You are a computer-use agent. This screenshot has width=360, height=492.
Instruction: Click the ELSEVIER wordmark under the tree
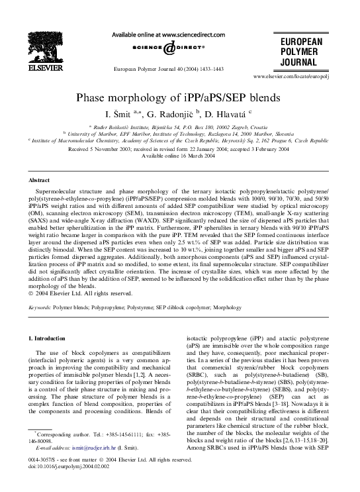(x=46, y=67)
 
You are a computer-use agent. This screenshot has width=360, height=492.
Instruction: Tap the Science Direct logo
(x=179, y=48)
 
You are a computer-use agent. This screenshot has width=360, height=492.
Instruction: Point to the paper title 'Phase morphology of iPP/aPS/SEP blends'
(x=179, y=97)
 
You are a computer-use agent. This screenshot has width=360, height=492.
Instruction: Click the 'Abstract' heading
(x=40, y=179)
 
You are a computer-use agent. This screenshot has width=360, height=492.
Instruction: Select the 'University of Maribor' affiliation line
(x=179, y=133)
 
